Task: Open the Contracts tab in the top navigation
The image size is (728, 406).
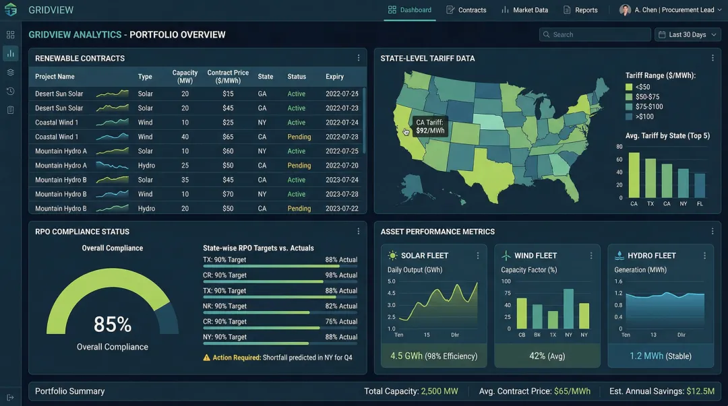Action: pos(466,10)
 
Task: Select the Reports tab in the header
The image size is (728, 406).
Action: pos(580,10)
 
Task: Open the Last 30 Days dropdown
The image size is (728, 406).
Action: pos(687,34)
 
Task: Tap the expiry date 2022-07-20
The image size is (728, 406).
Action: pos(342,166)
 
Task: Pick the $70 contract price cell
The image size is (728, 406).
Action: pos(228,194)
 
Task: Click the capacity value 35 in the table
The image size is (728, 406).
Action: pos(185,180)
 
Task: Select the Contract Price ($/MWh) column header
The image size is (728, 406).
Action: pos(228,76)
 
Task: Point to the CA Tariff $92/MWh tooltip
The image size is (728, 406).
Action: pos(430,127)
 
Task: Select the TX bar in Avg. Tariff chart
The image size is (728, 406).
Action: pos(650,178)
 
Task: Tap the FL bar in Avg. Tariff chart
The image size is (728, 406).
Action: pos(700,186)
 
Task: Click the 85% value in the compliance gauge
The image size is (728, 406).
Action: pos(112,325)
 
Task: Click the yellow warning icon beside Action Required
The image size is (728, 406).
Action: pos(207,358)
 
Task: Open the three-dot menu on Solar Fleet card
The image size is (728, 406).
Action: pos(478,256)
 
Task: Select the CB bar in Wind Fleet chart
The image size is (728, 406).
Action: pos(522,313)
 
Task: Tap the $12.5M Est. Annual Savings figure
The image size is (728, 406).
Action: pos(700,391)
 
